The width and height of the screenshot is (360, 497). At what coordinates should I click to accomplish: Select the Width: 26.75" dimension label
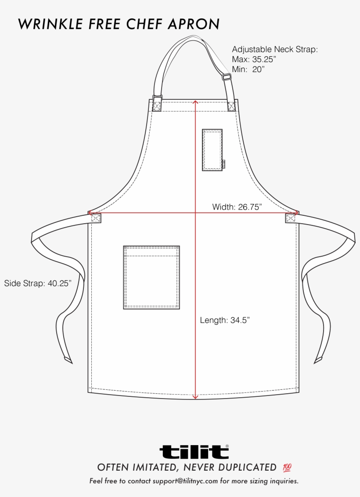tap(237, 207)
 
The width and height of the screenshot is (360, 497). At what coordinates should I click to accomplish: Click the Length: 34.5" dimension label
tap(225, 320)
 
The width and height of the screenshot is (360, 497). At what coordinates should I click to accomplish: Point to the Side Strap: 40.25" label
tap(38, 283)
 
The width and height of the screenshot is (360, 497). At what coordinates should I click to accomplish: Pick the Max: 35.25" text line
tap(254, 59)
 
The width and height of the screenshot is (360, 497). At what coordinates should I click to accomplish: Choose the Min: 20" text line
tap(248, 69)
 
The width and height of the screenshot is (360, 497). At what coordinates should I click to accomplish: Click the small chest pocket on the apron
tap(212, 149)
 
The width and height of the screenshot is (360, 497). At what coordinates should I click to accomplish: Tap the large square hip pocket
tap(151, 277)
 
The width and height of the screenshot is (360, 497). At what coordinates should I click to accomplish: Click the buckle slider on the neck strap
tap(227, 77)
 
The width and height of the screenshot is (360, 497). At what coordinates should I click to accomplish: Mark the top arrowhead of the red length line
tap(196, 102)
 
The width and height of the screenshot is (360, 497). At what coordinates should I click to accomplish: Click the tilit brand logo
tap(194, 451)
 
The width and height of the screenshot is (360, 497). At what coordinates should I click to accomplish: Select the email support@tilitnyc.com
tap(185, 481)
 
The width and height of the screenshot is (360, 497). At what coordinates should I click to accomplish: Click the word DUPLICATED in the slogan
tap(245, 467)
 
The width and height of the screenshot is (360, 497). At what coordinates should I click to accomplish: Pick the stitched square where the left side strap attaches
tap(96, 218)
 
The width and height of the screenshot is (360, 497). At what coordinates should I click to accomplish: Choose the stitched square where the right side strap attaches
tap(291, 218)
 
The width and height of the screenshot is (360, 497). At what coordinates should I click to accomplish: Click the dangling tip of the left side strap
tap(68, 360)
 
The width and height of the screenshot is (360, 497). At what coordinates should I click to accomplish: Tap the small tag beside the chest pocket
tap(224, 164)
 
